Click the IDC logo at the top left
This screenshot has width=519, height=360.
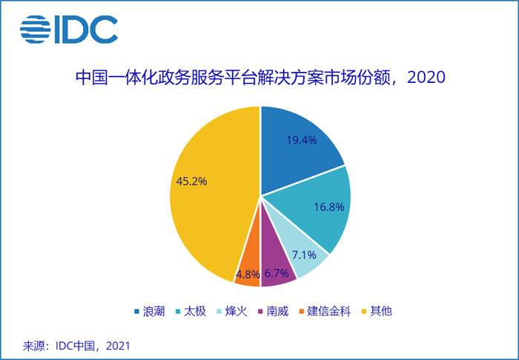69,30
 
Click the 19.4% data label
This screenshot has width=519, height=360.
302,139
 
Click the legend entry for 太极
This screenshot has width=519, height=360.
194,311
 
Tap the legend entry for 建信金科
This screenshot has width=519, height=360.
331,311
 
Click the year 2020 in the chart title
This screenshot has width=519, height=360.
426,77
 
